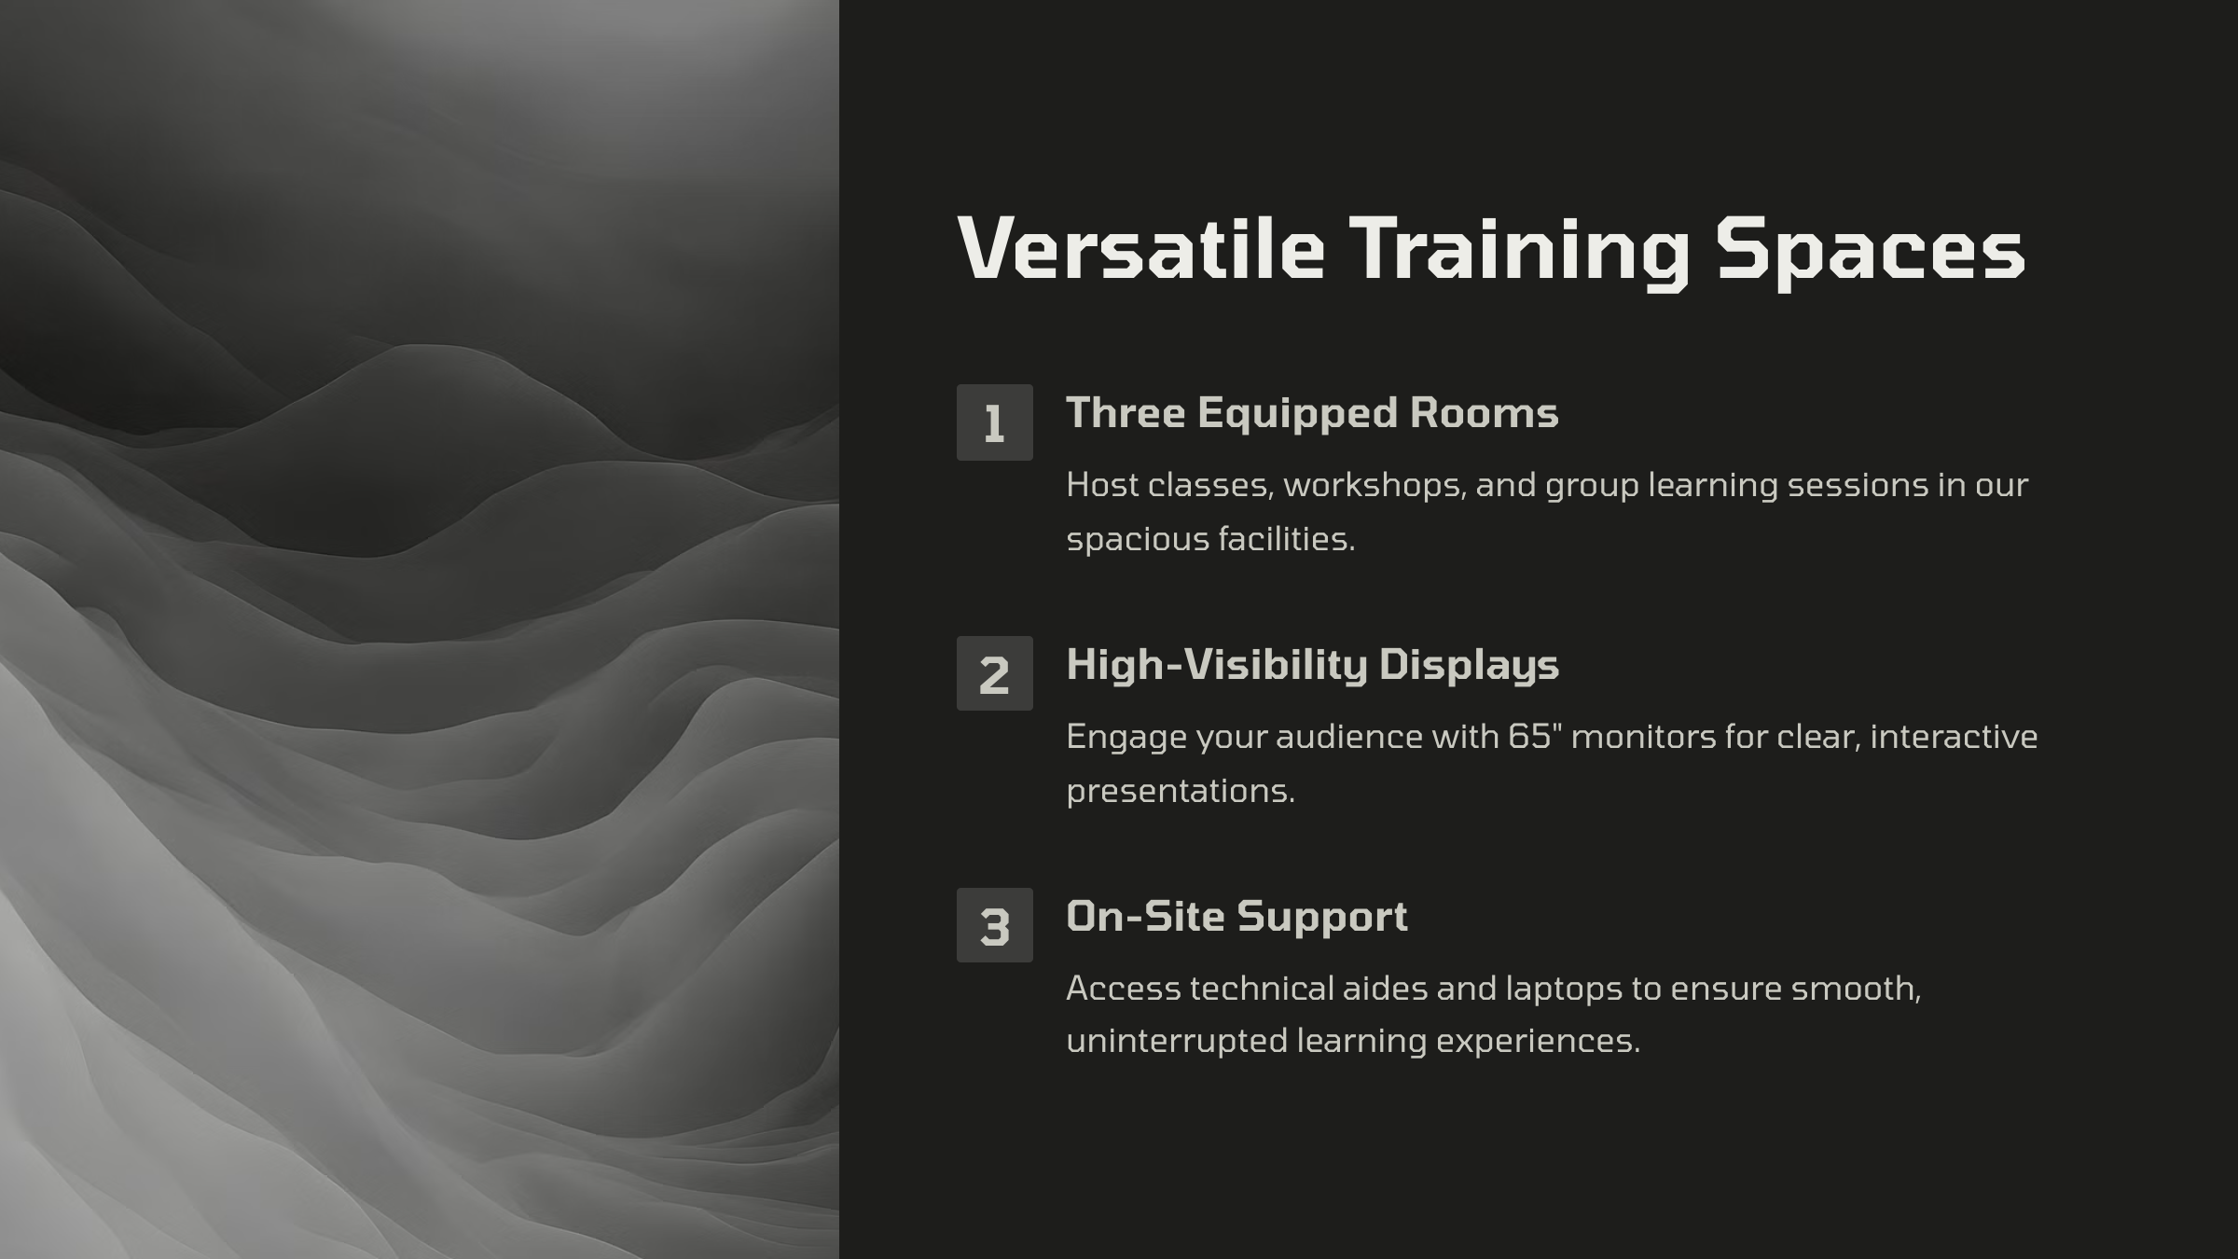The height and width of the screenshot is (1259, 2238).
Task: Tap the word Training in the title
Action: (x=1519, y=252)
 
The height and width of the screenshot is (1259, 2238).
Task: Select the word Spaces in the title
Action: (x=1871, y=252)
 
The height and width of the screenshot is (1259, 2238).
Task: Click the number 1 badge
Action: (x=994, y=422)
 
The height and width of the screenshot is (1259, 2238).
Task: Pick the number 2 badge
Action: (x=994, y=673)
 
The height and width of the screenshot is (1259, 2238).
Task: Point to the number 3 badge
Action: (x=994, y=925)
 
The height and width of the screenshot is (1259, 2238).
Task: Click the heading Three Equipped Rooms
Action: (x=1312, y=413)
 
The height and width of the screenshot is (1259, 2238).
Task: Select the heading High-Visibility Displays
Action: (x=1312, y=665)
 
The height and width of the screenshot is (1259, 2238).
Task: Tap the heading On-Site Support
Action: (x=1236, y=917)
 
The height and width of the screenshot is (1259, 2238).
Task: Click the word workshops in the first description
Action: (x=1375, y=485)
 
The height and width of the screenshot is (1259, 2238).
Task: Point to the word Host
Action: (x=1102, y=485)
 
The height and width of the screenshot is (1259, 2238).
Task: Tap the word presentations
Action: (x=1181, y=792)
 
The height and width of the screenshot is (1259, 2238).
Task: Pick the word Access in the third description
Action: (x=1124, y=989)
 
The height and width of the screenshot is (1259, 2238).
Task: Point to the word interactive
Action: (x=1954, y=737)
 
